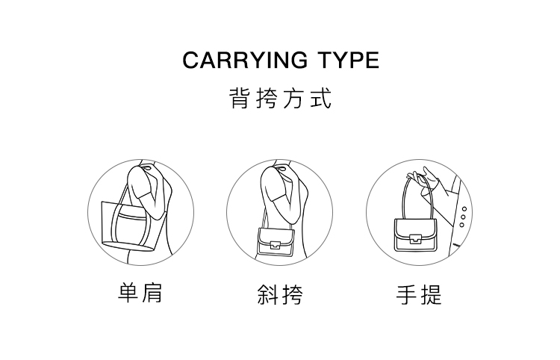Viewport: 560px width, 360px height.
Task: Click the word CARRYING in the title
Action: coord(245,60)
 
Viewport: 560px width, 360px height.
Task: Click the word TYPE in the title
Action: coord(348,60)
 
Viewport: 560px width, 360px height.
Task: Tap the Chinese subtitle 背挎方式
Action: coord(280,98)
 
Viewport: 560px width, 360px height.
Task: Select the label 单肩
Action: coord(140,293)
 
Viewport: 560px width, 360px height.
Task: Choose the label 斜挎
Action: coord(280,294)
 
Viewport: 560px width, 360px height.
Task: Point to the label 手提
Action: coord(419,294)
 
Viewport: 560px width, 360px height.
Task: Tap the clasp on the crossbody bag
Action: coord(275,245)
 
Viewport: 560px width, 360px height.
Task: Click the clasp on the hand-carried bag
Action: coord(414,238)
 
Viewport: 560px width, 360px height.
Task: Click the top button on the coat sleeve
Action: coord(464,209)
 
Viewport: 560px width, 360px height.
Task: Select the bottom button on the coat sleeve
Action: coord(461,225)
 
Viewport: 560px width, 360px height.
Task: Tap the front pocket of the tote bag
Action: coord(131,224)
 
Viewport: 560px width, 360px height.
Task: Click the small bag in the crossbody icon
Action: coord(276,242)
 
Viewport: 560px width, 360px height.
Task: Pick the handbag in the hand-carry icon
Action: coord(415,235)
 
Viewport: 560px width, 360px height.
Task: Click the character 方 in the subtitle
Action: coord(293,98)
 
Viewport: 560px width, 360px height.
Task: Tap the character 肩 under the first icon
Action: coord(152,293)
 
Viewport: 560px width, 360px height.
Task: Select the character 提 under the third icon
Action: coord(431,294)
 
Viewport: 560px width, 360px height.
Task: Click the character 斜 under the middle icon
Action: coord(268,294)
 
